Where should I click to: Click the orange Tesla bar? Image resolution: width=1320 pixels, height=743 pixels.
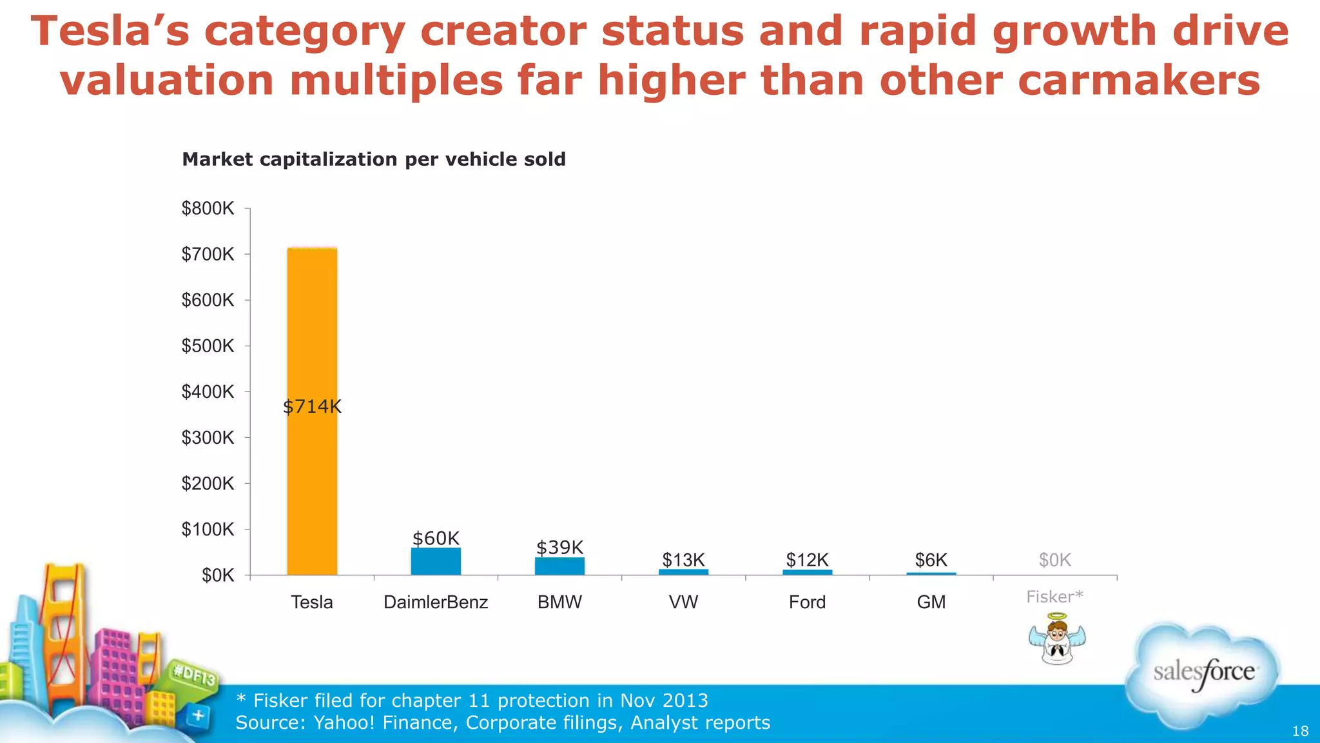click(x=312, y=322)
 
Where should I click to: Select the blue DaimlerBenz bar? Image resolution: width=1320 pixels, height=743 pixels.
click(x=436, y=562)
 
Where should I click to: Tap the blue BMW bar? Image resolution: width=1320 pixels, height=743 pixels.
click(x=559, y=566)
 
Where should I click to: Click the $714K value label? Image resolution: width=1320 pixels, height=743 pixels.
click(x=312, y=407)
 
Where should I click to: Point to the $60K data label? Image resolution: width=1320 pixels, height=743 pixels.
click(x=436, y=539)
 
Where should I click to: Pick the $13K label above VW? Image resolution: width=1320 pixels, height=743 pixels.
click(x=683, y=560)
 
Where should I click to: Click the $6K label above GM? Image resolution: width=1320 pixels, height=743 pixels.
click(x=931, y=560)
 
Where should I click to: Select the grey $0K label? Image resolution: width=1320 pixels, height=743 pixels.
click(x=1054, y=560)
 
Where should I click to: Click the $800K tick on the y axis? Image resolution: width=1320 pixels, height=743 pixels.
click(x=208, y=208)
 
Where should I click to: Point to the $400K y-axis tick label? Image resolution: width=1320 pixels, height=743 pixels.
click(x=208, y=391)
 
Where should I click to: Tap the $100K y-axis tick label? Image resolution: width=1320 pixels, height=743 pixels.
click(x=208, y=530)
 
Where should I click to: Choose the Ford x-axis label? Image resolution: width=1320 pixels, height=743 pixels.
click(x=807, y=602)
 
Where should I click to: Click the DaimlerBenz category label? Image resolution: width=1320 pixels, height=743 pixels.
click(x=436, y=602)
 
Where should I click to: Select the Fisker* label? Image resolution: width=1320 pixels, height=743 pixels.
click(x=1054, y=597)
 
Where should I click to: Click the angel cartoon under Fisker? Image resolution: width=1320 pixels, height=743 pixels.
click(x=1057, y=639)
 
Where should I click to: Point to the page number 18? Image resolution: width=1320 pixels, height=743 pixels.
click(x=1300, y=731)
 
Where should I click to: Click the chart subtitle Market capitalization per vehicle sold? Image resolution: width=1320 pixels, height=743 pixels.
click(x=374, y=159)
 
